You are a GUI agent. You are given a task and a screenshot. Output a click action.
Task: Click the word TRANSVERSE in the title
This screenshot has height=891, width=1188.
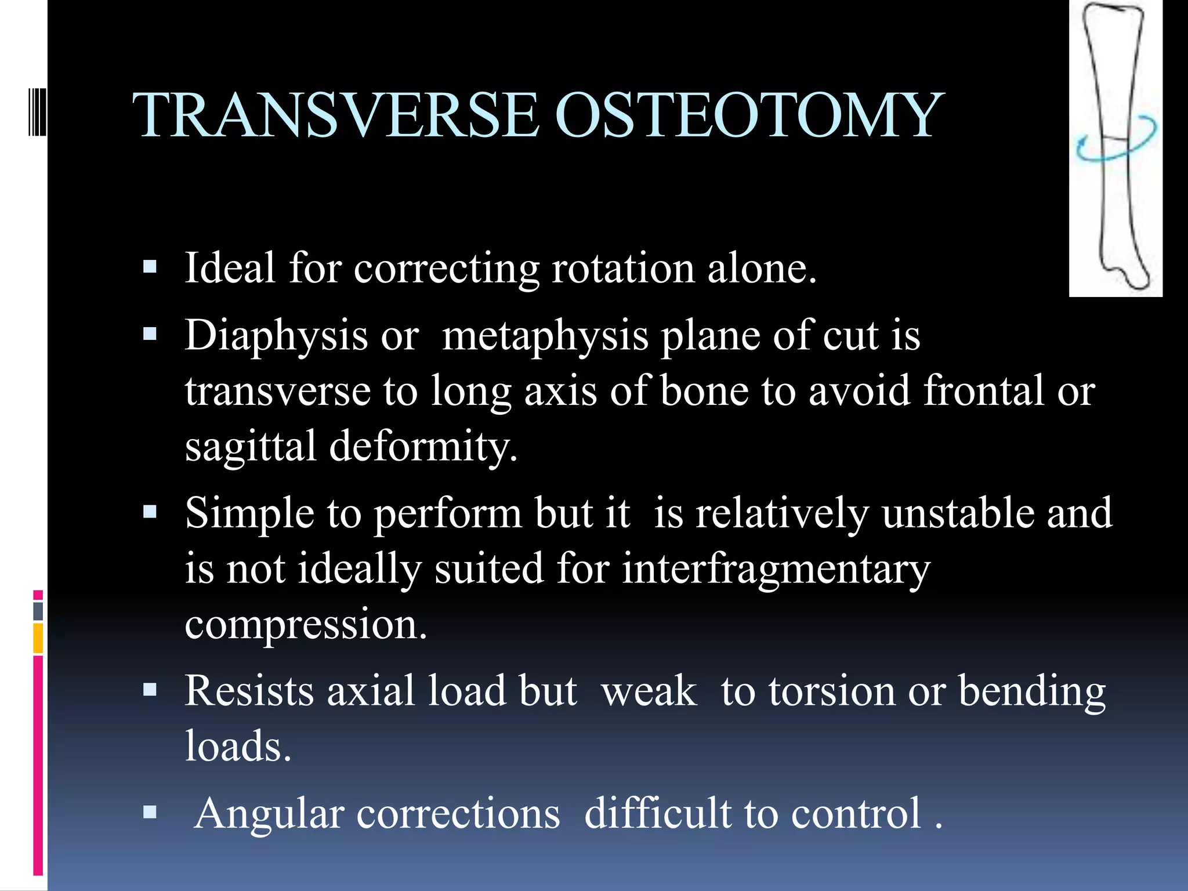click(336, 116)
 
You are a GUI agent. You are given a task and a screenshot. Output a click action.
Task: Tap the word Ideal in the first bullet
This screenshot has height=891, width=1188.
click(230, 268)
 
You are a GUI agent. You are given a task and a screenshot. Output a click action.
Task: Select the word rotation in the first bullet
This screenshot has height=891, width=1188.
click(623, 269)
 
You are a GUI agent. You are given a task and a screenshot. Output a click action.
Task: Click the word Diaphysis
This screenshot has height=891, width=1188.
click(276, 336)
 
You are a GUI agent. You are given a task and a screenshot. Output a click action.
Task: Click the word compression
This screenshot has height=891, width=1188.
click(305, 625)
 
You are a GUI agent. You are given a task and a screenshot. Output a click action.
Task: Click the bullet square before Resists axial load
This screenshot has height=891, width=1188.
click(150, 690)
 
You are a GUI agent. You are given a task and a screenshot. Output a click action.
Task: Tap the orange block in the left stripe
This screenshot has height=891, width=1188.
click(38, 638)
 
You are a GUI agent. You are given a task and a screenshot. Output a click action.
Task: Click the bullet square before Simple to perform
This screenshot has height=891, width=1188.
click(150, 512)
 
